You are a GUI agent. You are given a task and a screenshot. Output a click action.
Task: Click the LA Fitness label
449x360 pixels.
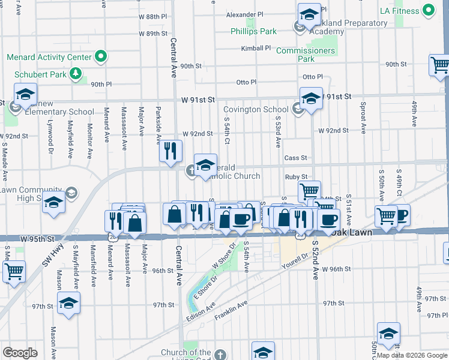(x=400, y=11)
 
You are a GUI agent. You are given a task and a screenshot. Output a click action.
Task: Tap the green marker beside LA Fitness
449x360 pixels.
(x=428, y=10)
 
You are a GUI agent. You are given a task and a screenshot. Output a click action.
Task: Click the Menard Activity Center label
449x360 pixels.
(x=49, y=58)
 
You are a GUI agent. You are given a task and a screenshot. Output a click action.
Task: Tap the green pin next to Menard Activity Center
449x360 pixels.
(x=100, y=58)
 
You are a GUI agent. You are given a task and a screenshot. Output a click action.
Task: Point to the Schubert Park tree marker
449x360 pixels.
(x=76, y=74)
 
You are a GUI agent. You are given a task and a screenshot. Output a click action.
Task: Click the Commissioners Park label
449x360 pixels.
(x=306, y=55)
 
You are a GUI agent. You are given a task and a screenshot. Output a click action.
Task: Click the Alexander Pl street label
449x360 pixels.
(x=245, y=14)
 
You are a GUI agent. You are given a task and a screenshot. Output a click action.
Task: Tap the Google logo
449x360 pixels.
(x=20, y=353)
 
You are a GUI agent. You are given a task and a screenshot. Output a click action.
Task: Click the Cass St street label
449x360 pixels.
(x=295, y=158)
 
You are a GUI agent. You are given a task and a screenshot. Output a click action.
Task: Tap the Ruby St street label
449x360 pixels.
(x=296, y=177)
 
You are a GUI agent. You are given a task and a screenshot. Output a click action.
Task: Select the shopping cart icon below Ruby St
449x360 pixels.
(x=310, y=191)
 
